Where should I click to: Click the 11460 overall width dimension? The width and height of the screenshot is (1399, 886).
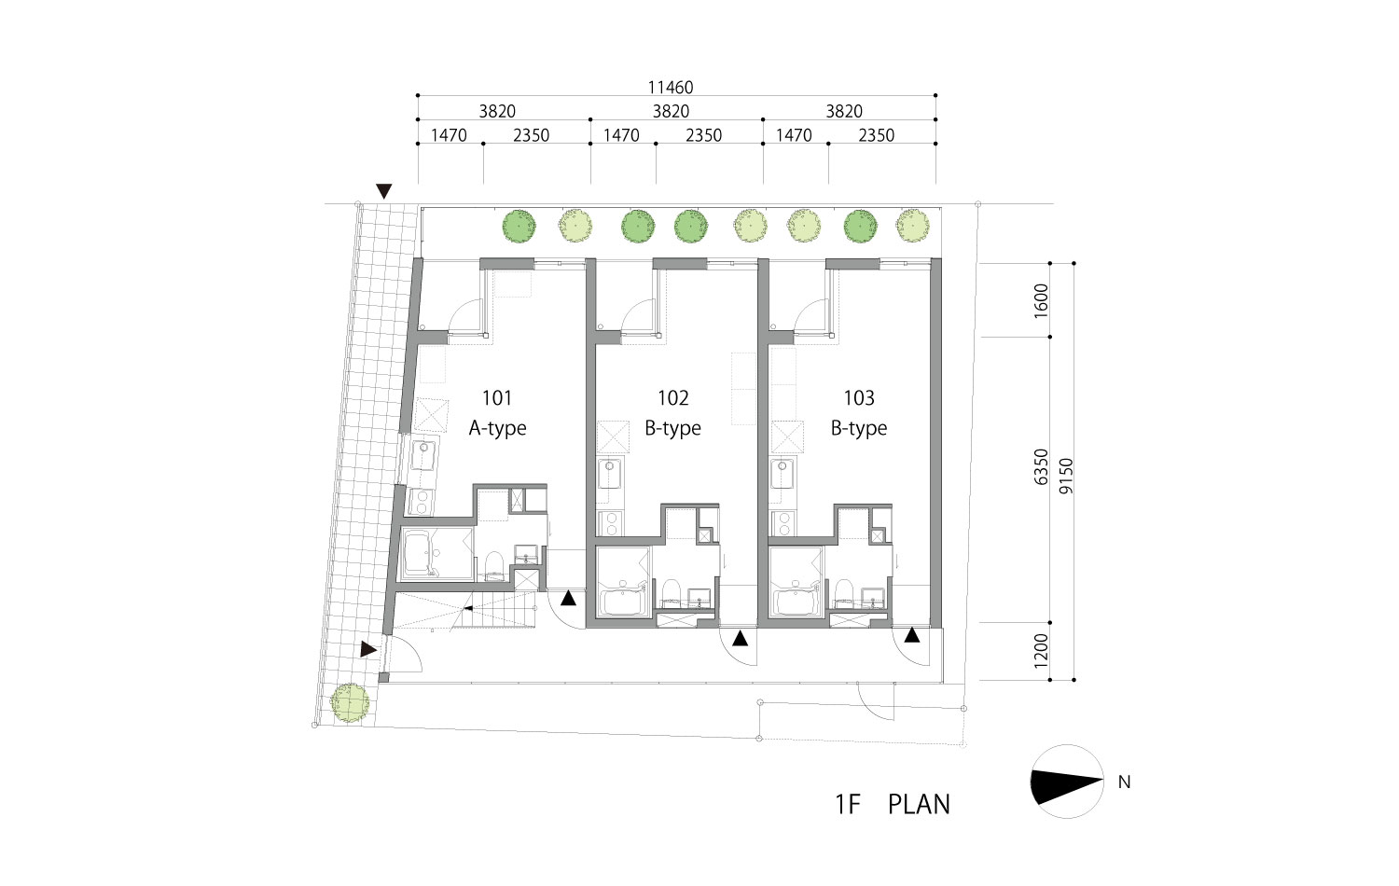pos(671,87)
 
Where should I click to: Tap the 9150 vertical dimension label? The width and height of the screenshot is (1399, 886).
pos(1066,476)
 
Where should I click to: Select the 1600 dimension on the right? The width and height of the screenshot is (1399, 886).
pos(1041,301)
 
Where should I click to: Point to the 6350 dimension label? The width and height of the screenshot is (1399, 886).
pos(1041,467)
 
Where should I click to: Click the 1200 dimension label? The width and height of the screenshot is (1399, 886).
pos(1041,651)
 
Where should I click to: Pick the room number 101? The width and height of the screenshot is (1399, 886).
pos(497,397)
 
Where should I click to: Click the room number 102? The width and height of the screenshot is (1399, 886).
pos(673,397)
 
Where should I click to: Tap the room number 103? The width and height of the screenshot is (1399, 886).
pos(859,397)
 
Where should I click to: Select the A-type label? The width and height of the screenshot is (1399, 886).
pos(498,428)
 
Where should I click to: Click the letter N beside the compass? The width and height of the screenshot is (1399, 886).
pos(1124,782)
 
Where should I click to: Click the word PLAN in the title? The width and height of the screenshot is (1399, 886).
pos(919,805)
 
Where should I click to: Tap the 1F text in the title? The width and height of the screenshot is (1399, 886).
pos(848,805)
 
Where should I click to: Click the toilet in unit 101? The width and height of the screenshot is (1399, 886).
pos(494,564)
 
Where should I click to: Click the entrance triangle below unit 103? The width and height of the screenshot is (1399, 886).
pos(912,635)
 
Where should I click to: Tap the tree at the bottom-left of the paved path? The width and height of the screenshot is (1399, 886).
pos(350,702)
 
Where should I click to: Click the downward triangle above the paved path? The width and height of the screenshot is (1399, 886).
pos(384,191)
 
